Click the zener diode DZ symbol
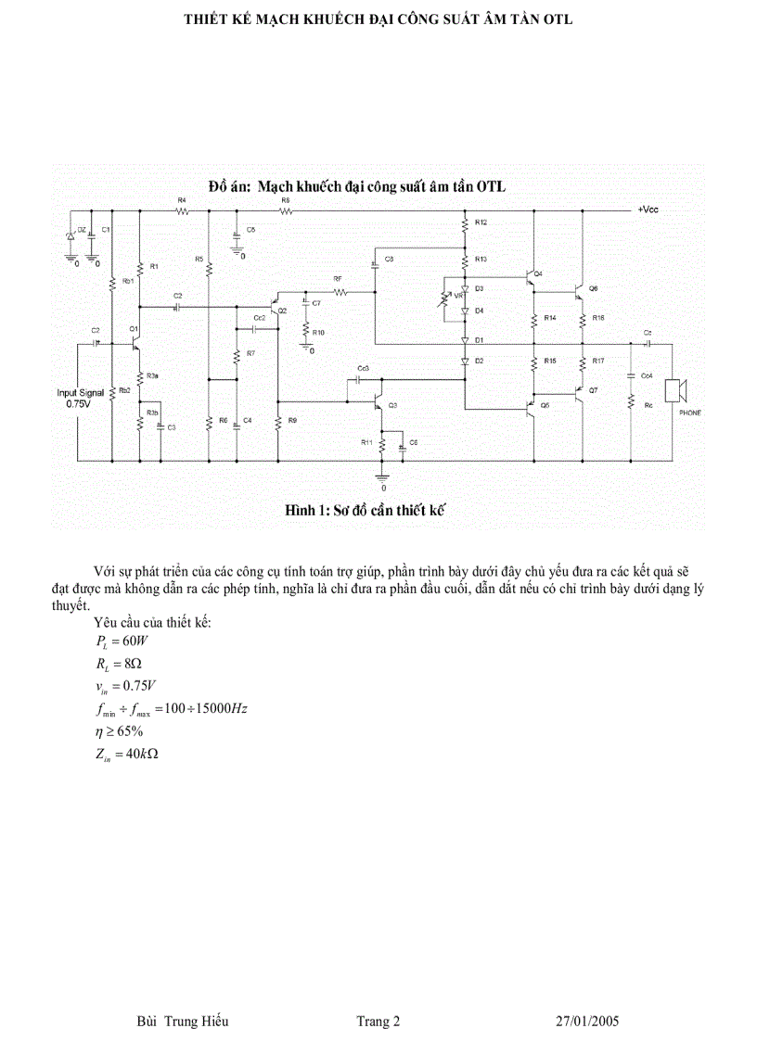(69, 236)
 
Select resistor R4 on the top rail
(182, 211)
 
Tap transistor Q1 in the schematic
(135, 342)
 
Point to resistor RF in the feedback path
(338, 291)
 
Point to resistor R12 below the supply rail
(465, 224)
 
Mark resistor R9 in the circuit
(277, 422)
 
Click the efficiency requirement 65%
(129, 730)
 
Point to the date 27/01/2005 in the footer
(586, 1022)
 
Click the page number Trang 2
(378, 1022)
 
